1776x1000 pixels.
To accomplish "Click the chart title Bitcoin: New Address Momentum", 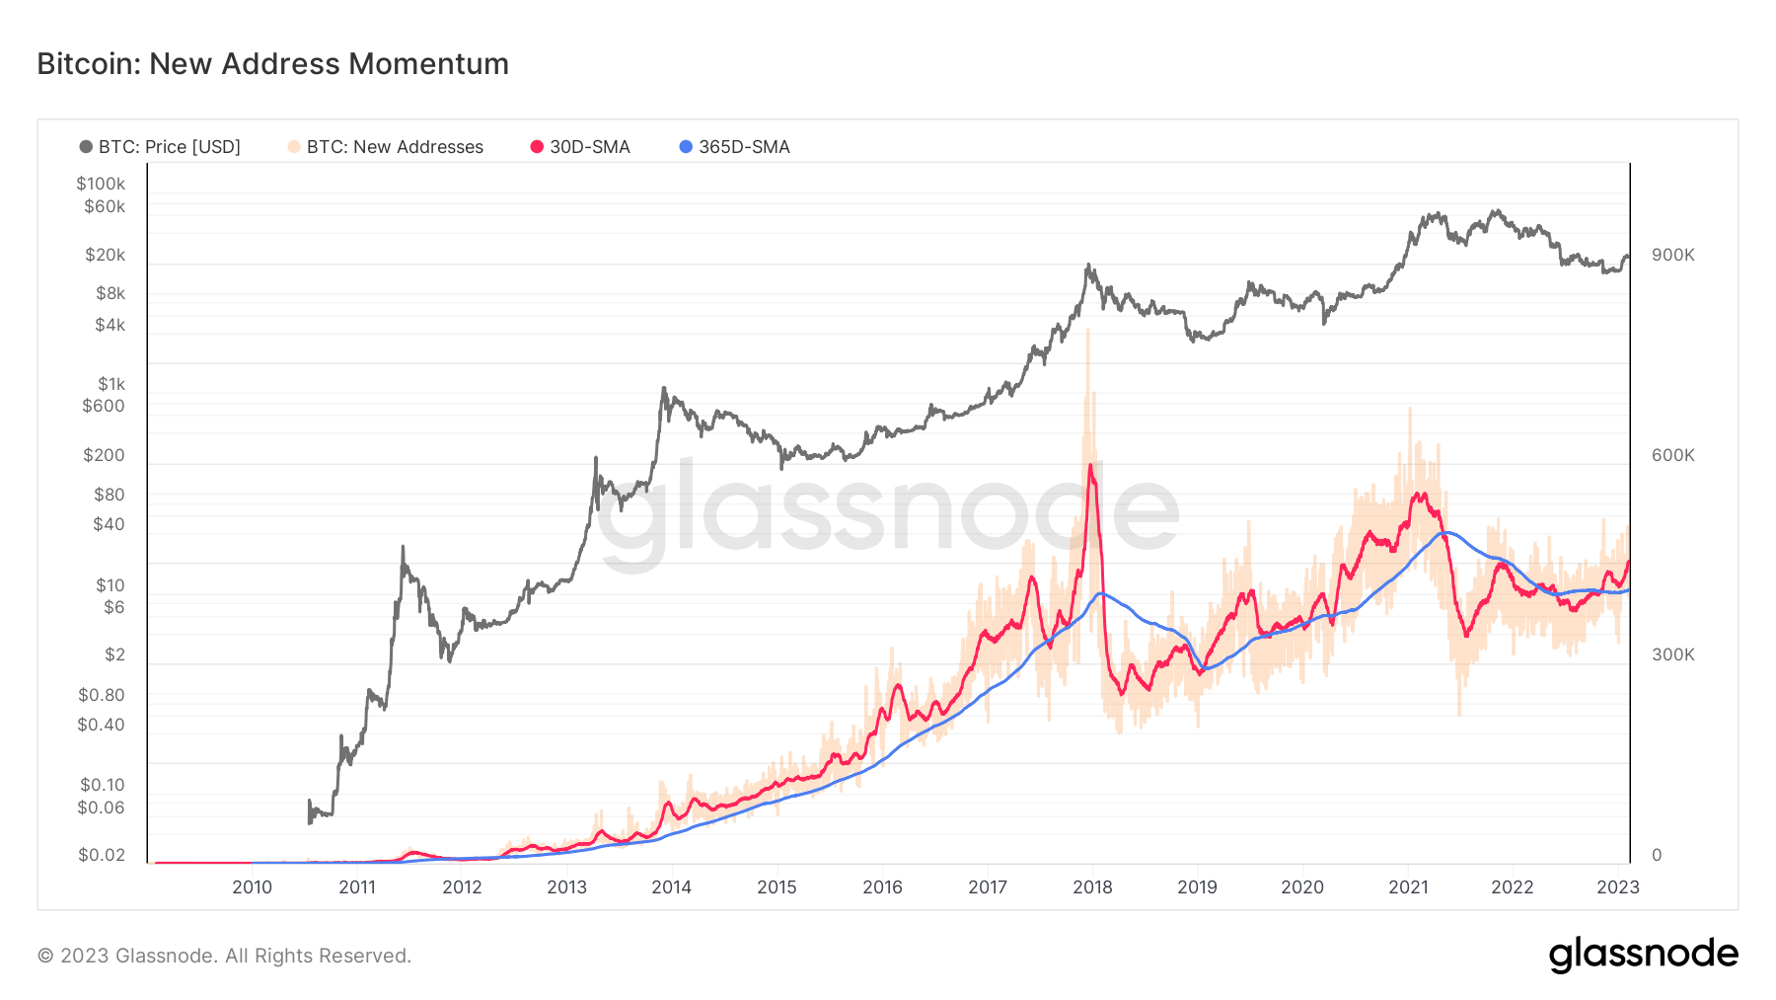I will coord(272,64).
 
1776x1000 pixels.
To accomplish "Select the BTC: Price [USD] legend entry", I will coord(160,147).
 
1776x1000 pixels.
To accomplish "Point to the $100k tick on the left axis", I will coord(101,184).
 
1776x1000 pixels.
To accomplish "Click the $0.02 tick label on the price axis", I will coord(102,855).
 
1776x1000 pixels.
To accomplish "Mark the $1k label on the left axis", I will coord(111,384).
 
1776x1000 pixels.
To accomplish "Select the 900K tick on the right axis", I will coord(1672,255).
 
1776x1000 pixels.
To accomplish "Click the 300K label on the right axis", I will coord(1672,654).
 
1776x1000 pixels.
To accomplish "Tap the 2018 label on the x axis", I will coord(1092,886).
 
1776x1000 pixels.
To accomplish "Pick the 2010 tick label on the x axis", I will coord(252,886).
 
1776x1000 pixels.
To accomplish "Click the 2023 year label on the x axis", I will coord(1617,886).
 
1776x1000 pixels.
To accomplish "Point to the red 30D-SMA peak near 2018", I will coord(1090,465).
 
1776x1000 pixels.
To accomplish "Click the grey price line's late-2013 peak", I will coord(664,388).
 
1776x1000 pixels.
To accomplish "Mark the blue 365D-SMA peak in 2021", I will coord(1445,533).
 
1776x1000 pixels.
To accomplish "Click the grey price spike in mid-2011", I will coord(403,546).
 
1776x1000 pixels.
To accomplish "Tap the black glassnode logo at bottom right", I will coord(1643,955).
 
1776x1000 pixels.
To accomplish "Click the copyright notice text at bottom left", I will coord(224,956).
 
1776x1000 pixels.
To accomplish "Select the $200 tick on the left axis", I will coord(104,455).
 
